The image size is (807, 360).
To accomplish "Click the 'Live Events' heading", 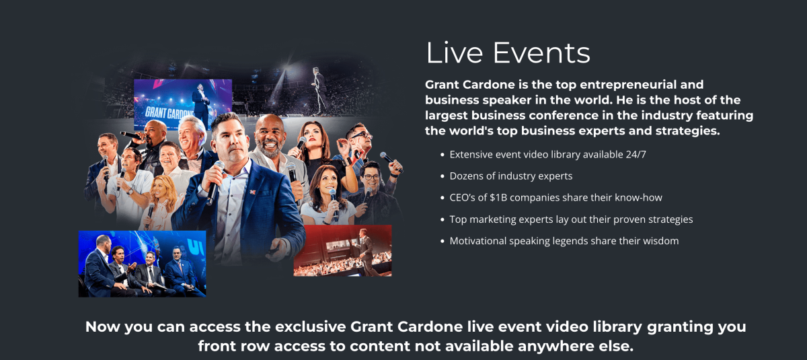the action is tap(508, 52).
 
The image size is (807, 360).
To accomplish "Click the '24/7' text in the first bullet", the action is tap(636, 155).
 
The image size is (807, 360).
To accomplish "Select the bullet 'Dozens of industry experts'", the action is tap(511, 176).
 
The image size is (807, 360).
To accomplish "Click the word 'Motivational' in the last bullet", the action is tap(477, 241).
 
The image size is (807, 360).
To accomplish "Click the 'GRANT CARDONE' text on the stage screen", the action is tap(169, 113).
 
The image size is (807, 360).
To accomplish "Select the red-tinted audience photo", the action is tap(342, 251).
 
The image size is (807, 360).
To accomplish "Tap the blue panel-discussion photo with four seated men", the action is tap(143, 264).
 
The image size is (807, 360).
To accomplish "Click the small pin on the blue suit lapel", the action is tap(253, 192).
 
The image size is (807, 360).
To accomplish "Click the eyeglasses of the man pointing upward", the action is tap(361, 135).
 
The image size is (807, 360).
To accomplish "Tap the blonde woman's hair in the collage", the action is tap(165, 193).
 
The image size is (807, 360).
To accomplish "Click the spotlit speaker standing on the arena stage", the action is tap(319, 90).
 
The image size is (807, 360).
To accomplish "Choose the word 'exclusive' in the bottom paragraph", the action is tap(311, 327).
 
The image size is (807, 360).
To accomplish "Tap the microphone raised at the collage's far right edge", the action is tap(390, 161).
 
